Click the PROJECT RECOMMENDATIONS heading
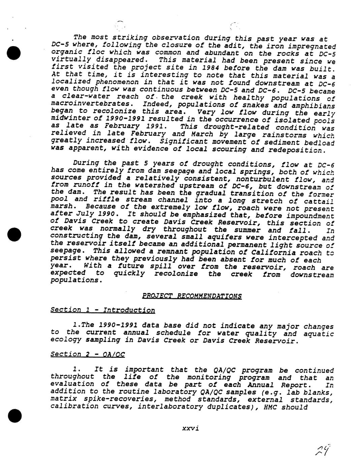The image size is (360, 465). point(192,296)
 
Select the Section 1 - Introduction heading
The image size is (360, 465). point(102,310)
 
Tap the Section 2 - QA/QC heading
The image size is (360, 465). point(88,354)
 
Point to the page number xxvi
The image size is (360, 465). point(190,428)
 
